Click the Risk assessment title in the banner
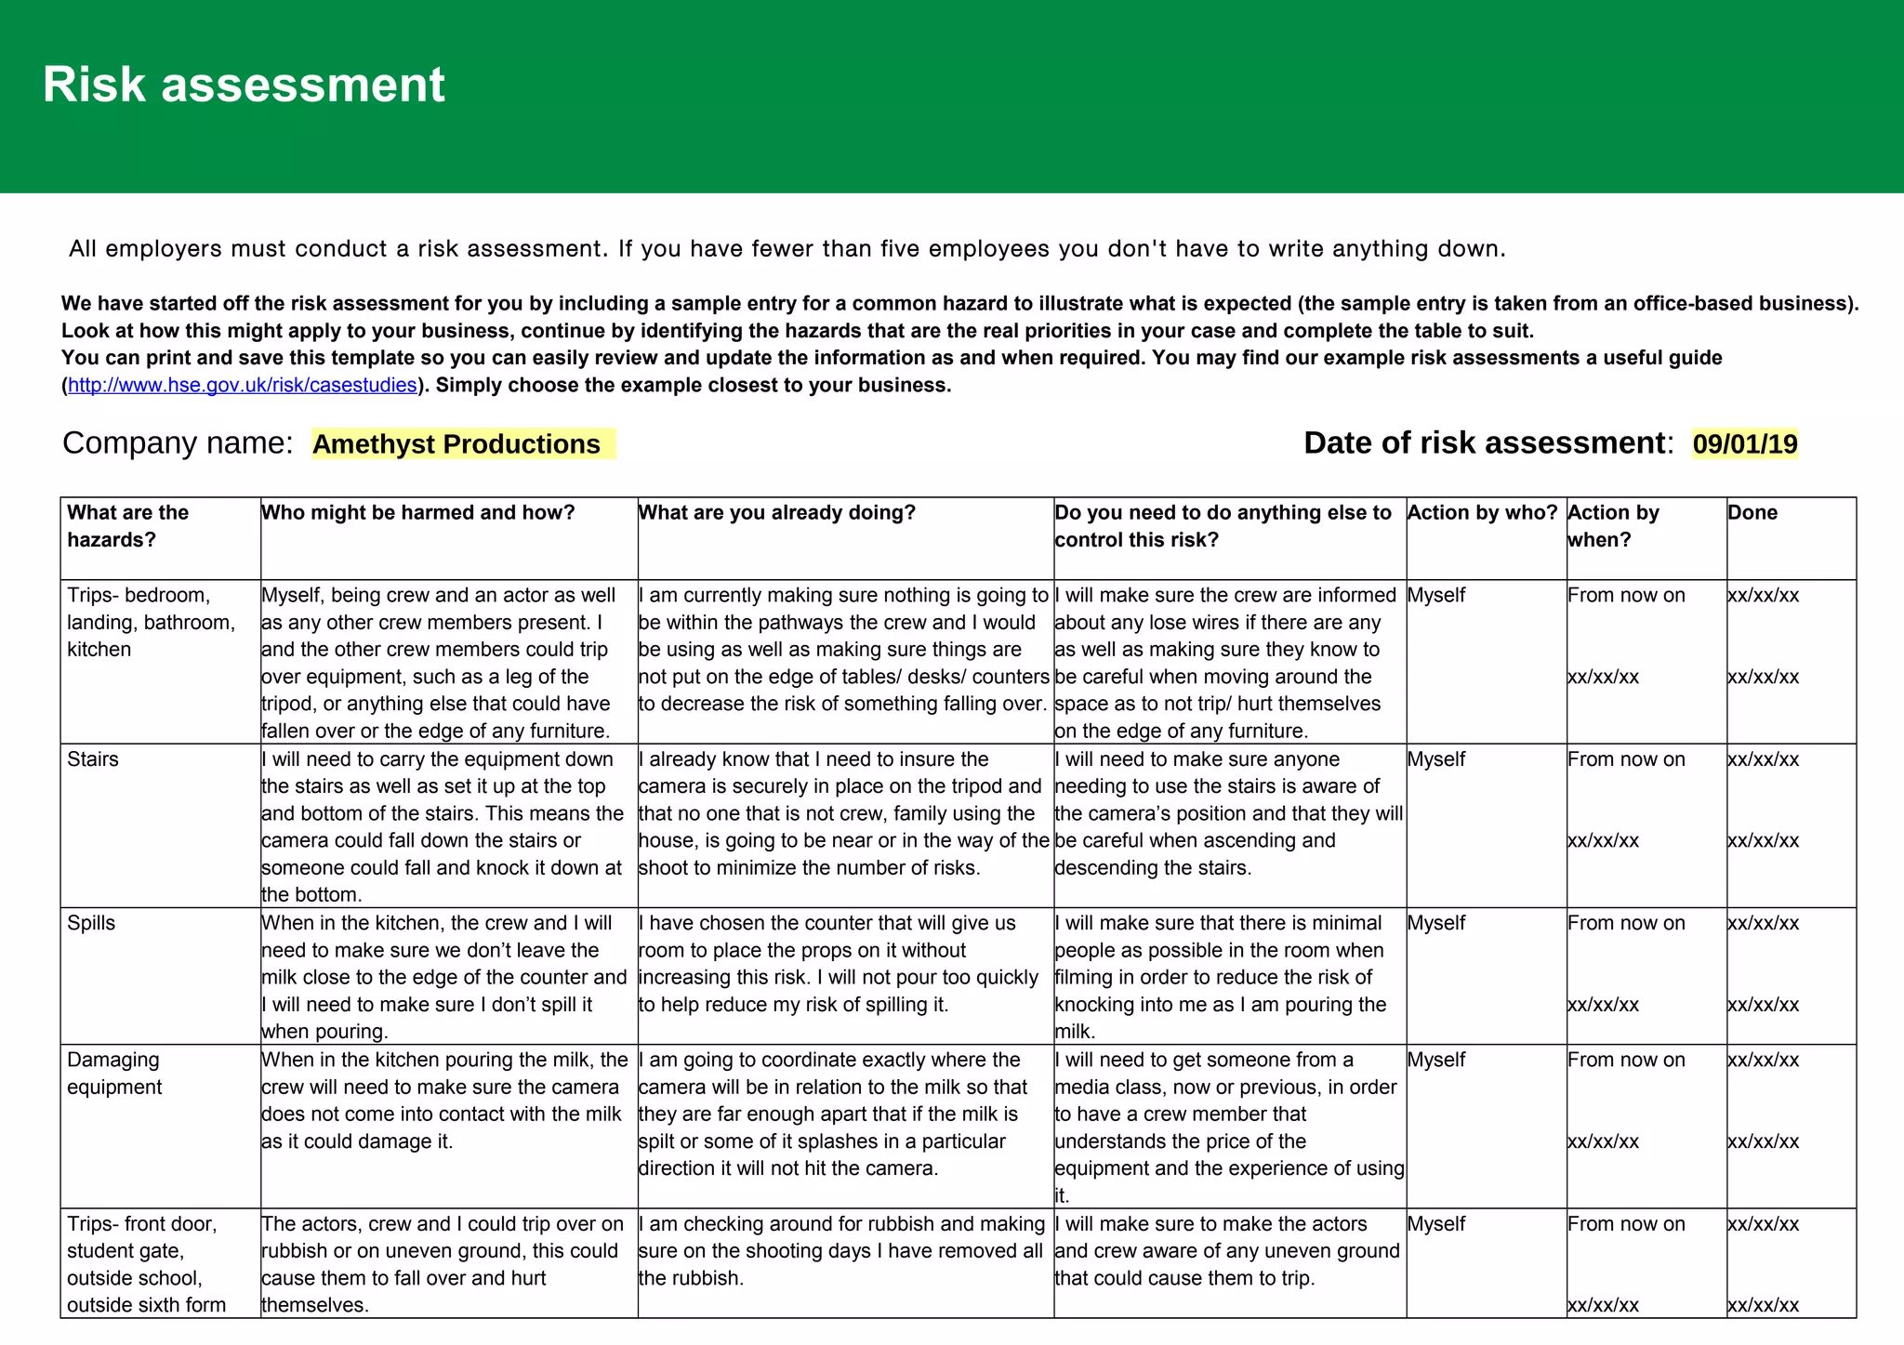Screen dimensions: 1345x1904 tap(244, 86)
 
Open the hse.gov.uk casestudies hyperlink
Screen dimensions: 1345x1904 tap(242, 386)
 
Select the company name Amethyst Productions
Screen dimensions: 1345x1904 tap(456, 444)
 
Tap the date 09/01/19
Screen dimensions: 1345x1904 tap(1745, 444)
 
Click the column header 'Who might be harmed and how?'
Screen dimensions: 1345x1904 tap(418, 513)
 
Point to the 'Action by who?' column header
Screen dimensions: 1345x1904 tap(1482, 513)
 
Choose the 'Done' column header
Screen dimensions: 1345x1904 tap(1752, 513)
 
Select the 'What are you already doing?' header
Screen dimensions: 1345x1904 tap(777, 513)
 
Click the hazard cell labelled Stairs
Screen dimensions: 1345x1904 tap(93, 759)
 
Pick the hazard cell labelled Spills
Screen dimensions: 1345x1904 tap(91, 923)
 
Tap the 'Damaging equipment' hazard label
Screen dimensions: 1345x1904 tap(113, 1074)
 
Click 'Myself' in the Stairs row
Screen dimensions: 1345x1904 tap(1436, 759)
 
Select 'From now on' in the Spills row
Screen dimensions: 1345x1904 tap(1626, 923)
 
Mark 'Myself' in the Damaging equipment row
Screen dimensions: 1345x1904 tap(1436, 1060)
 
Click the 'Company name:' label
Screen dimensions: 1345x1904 tap(178, 443)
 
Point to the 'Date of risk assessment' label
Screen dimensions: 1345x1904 tap(1484, 443)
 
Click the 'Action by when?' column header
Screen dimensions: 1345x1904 tap(1614, 526)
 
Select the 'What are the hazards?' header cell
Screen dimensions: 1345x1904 tap(128, 526)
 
